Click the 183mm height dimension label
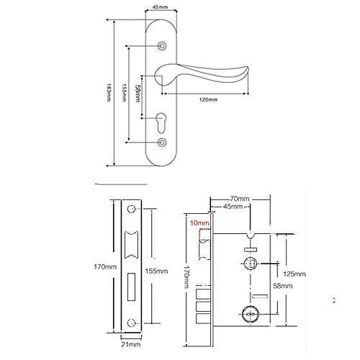109,92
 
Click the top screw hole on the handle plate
161,45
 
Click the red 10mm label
198,223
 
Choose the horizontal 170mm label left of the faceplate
105,267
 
